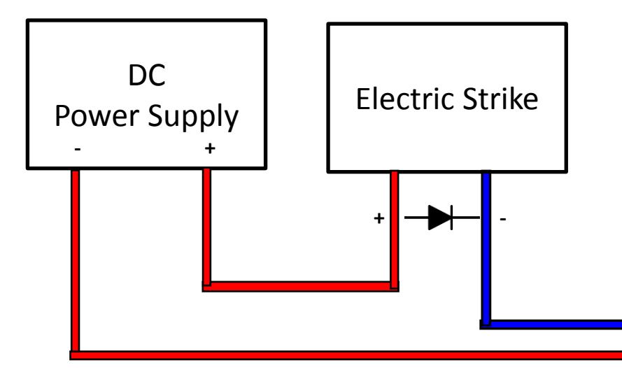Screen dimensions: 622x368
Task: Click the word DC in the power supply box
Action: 147,75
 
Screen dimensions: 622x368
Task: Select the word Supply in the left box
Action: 193,118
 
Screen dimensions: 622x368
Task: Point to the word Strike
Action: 501,99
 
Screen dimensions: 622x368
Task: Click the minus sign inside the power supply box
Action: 78,149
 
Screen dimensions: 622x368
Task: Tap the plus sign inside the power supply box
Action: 210,148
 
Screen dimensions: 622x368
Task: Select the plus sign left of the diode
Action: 379,218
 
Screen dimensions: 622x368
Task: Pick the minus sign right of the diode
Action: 503,218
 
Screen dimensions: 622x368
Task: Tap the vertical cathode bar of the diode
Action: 452,218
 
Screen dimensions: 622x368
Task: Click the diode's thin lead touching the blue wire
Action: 467,218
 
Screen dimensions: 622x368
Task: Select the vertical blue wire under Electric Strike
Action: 486,248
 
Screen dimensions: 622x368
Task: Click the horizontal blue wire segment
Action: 551,325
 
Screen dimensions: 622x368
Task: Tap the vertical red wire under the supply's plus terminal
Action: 206,227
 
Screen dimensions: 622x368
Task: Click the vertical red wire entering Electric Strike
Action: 395,230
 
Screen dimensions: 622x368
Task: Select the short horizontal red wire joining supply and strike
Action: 300,286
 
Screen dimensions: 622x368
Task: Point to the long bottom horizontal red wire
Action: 346,355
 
